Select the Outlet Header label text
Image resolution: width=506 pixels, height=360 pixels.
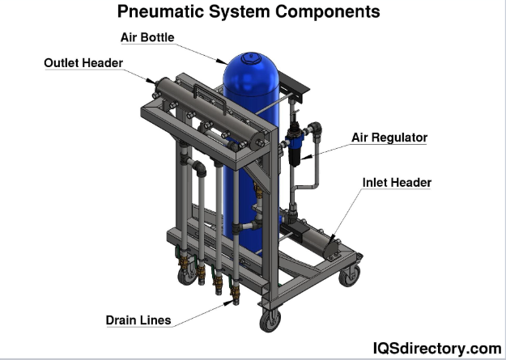pos(83,63)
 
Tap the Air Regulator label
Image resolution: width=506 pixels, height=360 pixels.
pos(389,138)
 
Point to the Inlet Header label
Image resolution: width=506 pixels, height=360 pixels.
pos(397,183)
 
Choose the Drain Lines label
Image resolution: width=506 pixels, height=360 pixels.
pos(138,320)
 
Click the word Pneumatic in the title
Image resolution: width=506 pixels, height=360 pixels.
pos(171,12)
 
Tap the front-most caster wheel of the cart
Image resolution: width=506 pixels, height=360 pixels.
pos(269,322)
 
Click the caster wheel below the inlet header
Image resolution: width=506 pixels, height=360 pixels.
pos(350,275)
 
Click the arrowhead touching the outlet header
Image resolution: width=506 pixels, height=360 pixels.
pos(150,80)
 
